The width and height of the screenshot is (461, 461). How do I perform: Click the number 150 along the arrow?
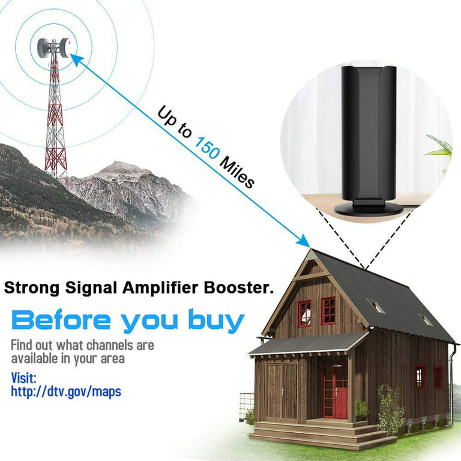[207, 148]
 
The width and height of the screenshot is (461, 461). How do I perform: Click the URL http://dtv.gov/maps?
[66, 392]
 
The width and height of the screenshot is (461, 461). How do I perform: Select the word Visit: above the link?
[23, 378]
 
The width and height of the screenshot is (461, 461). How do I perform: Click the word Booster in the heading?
[237, 288]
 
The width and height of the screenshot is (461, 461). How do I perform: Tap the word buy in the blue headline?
[216, 321]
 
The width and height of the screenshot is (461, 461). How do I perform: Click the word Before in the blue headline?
[61, 320]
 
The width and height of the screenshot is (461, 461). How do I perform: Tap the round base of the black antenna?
[369, 209]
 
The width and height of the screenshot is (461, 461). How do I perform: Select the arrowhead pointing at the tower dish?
[76, 59]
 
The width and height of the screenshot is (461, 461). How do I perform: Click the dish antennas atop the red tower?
[55, 47]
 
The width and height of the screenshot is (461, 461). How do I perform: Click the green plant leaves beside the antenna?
[439, 147]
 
